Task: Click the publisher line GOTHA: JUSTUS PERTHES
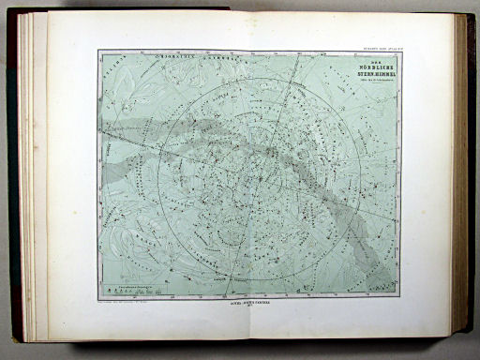tap(240, 305)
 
